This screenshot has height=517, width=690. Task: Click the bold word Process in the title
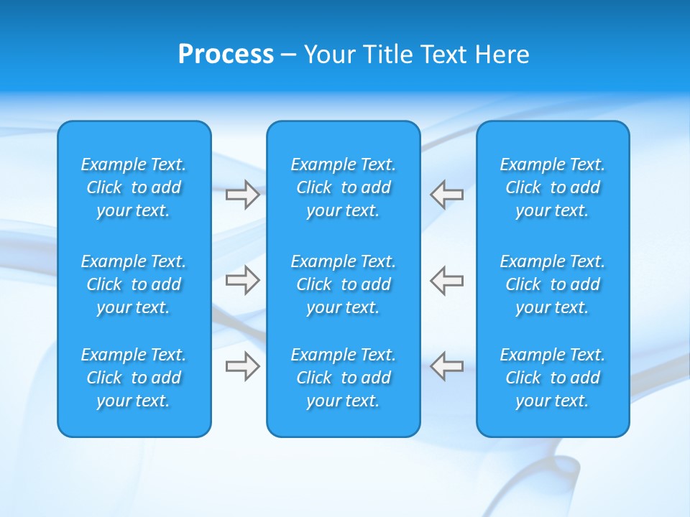click(226, 55)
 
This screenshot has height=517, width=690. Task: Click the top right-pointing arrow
click(242, 195)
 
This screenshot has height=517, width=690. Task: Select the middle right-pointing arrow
click(242, 280)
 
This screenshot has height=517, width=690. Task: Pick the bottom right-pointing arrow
click(242, 366)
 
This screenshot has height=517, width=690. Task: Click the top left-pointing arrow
click(446, 195)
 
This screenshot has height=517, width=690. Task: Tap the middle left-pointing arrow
click(446, 280)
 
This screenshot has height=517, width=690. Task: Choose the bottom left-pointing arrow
click(446, 366)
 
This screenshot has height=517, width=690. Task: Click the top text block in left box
click(134, 187)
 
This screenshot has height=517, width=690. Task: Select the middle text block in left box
click(134, 284)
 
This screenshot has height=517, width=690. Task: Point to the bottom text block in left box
click(134, 378)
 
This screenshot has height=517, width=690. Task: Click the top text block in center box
click(343, 187)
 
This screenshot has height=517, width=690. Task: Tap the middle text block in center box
click(343, 284)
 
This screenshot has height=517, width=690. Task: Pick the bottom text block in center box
click(343, 378)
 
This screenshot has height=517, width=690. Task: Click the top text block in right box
click(553, 187)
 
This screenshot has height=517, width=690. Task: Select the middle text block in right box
click(553, 284)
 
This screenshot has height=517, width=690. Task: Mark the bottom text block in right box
click(553, 378)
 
